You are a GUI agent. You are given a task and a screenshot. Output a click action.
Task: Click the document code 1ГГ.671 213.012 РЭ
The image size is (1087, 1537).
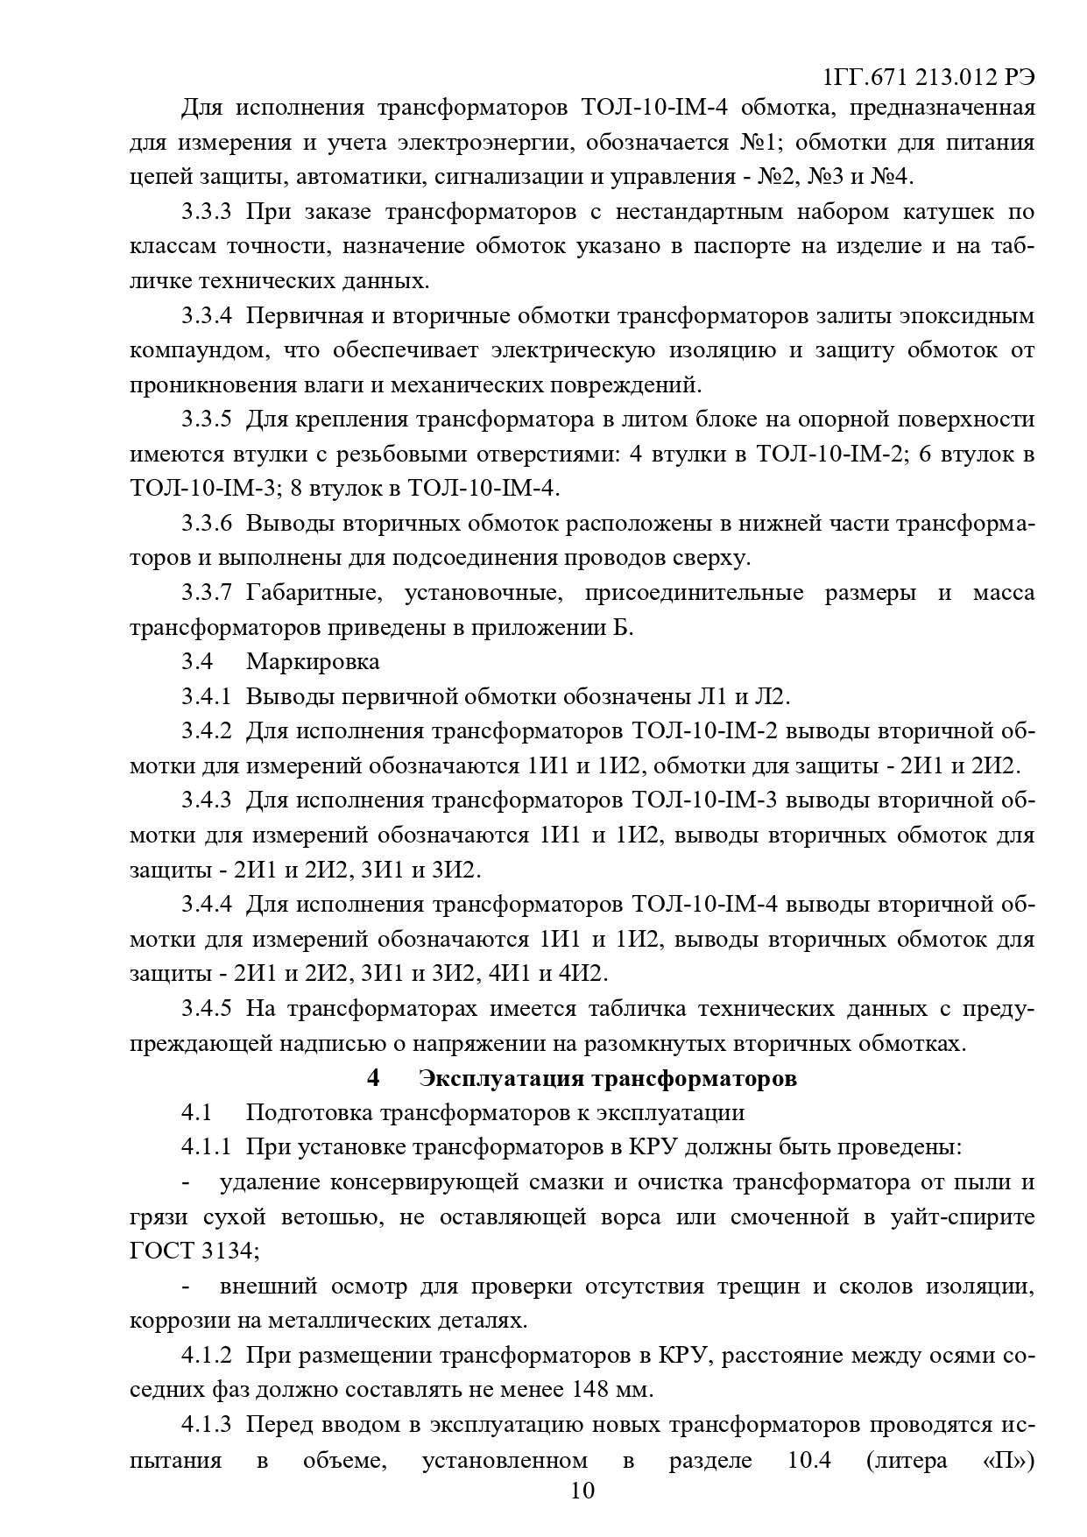(x=928, y=77)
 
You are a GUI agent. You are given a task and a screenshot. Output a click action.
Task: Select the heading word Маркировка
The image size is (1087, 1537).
(x=313, y=661)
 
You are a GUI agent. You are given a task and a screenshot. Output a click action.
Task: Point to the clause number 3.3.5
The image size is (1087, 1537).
(x=207, y=420)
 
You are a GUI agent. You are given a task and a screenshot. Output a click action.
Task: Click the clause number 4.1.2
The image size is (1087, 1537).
(x=207, y=1355)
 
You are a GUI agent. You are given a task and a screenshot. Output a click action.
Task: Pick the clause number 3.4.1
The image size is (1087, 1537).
(x=207, y=696)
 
